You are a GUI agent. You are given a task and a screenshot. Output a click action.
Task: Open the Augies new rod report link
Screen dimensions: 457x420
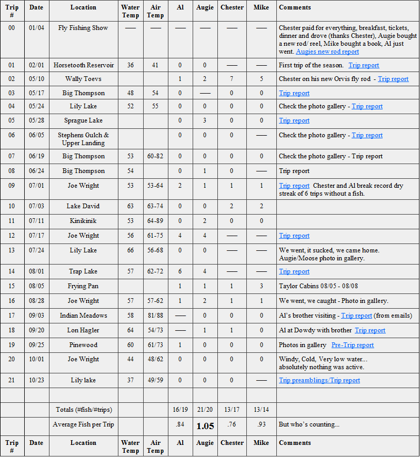click(x=327, y=52)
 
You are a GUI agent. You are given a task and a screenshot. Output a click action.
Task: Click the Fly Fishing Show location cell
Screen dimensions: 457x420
click(x=83, y=28)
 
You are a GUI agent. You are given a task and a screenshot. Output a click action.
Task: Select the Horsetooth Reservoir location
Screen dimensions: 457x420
click(x=83, y=65)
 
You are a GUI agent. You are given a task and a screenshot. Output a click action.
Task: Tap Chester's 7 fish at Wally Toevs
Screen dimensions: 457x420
click(x=232, y=79)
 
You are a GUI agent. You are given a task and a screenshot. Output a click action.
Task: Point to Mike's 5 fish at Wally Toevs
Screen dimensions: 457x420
click(x=261, y=79)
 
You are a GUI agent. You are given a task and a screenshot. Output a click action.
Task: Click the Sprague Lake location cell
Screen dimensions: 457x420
click(x=83, y=120)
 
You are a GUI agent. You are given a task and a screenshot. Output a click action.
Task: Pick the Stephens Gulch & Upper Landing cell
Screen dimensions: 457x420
click(x=83, y=139)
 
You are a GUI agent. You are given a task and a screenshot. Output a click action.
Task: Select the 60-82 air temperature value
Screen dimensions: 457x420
click(x=155, y=156)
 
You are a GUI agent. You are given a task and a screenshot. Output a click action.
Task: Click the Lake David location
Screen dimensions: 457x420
click(x=83, y=206)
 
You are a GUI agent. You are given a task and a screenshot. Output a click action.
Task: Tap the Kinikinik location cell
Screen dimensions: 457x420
click(x=83, y=221)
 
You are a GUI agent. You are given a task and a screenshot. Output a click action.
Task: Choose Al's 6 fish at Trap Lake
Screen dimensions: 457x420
click(x=180, y=271)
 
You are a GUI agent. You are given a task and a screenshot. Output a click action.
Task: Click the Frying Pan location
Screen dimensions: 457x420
click(x=83, y=286)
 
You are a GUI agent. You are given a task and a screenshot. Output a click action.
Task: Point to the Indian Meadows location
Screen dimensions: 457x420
click(x=83, y=316)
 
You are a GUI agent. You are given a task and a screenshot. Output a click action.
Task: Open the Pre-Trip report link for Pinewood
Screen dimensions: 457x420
click(x=353, y=345)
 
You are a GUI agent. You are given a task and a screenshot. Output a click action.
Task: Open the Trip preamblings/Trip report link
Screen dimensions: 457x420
click(x=319, y=380)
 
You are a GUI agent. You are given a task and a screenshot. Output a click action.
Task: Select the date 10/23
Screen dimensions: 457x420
click(x=36, y=380)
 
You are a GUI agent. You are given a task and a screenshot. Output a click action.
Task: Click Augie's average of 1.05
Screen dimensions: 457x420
click(x=205, y=426)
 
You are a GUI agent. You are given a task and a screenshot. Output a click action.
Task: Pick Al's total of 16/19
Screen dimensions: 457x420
click(x=180, y=410)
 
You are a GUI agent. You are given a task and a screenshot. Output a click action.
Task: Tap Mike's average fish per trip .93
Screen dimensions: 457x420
click(x=261, y=425)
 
